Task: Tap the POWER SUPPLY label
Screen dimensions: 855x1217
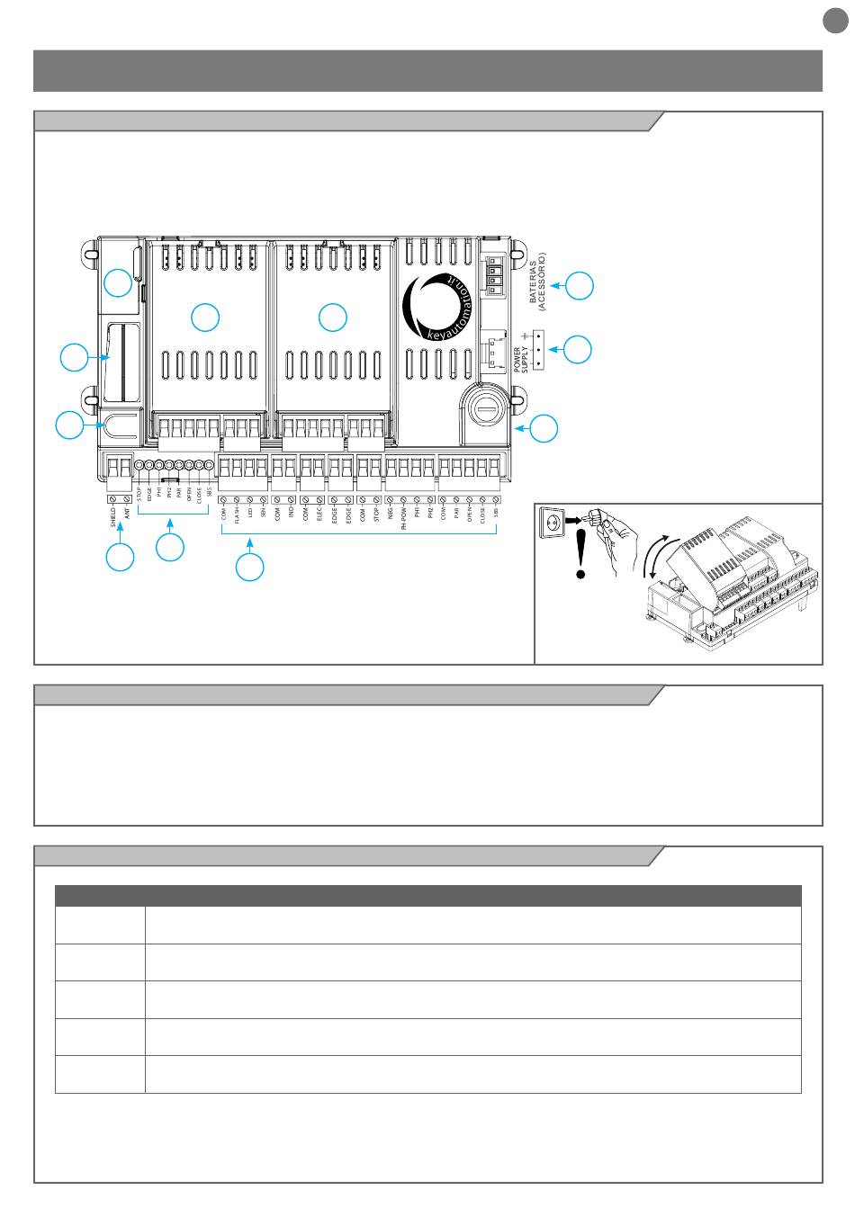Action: coord(521,354)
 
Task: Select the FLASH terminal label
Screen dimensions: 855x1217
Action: coord(237,520)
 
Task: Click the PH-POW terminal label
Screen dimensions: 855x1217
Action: coord(403,523)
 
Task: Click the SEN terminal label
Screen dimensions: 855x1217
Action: coord(264,515)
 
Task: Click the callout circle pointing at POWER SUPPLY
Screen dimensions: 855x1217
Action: coord(578,349)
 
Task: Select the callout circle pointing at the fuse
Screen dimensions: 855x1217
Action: coord(544,429)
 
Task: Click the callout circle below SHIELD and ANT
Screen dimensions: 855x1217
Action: coord(120,557)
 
